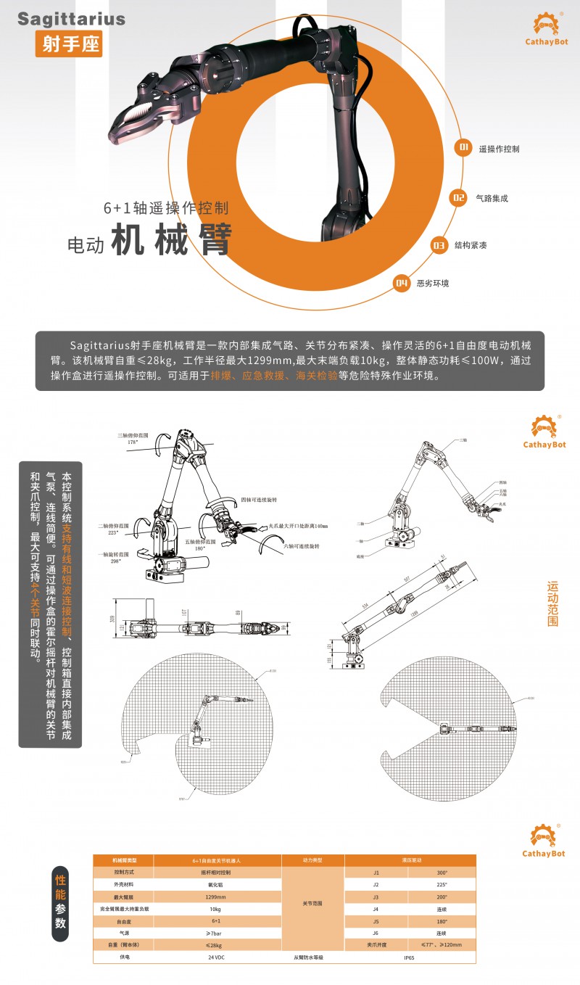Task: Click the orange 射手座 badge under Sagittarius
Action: coord(68,44)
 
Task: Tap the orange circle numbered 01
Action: coord(463,148)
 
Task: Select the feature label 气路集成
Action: coord(492,197)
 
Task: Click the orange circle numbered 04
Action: coord(401,283)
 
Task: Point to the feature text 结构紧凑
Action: coord(471,246)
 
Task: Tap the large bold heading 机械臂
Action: coord(171,240)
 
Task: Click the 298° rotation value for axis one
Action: coord(112,561)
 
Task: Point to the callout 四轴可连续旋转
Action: coord(259,500)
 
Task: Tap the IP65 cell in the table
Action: coord(410,957)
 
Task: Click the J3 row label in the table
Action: coord(376,897)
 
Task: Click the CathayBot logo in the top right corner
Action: coord(544,29)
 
